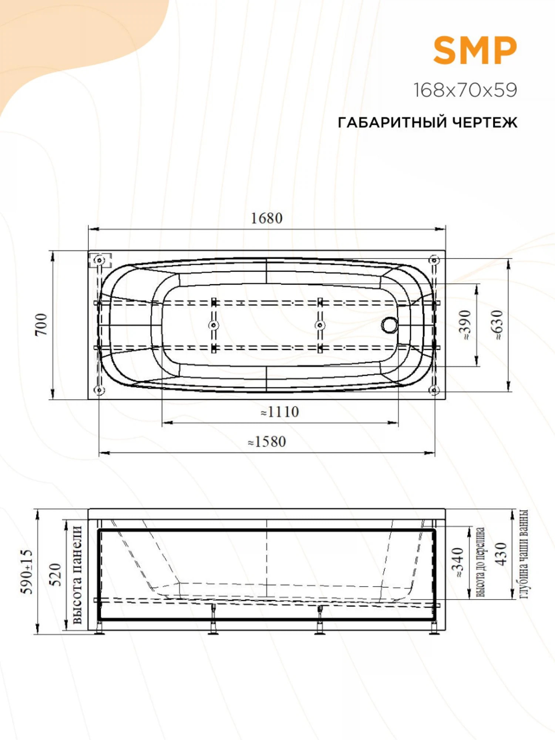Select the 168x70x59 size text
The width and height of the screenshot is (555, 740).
click(x=465, y=90)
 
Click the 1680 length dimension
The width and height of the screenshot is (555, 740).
click(x=266, y=218)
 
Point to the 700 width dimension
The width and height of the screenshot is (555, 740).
click(x=42, y=324)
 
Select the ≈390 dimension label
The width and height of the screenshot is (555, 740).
click(x=465, y=324)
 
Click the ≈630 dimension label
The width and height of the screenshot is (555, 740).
click(x=498, y=324)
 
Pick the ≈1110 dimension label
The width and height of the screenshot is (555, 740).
click(x=280, y=412)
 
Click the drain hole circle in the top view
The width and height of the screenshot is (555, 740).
click(x=390, y=325)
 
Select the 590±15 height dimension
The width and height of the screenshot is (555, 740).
click(x=26, y=572)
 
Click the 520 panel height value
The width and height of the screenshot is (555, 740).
click(x=55, y=575)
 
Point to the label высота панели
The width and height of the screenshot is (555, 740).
click(x=77, y=574)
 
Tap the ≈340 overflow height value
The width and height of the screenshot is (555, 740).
click(x=458, y=562)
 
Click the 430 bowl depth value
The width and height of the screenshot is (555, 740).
click(x=501, y=554)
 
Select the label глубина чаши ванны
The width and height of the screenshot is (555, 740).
click(x=524, y=554)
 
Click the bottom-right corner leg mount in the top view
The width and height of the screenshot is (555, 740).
click(x=434, y=390)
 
